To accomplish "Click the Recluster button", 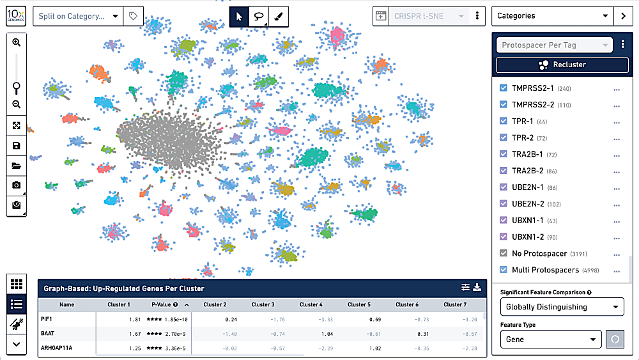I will pyautogui.click(x=561, y=65).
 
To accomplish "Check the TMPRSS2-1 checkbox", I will pyautogui.click(x=504, y=89).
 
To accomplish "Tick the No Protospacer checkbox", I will pyautogui.click(x=504, y=253).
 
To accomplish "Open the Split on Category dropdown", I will pyautogui.click(x=77, y=16).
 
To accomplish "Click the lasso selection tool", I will pyautogui.click(x=259, y=17).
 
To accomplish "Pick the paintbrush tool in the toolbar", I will pyautogui.click(x=279, y=17).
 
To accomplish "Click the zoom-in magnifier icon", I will pyautogui.click(x=17, y=42).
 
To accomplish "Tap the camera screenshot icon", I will pyautogui.click(x=17, y=185).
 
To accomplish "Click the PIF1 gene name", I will pyautogui.click(x=46, y=318).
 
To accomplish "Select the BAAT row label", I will pyautogui.click(x=48, y=333).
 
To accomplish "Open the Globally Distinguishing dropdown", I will pyautogui.click(x=561, y=307).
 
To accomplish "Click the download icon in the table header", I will pyautogui.click(x=477, y=288).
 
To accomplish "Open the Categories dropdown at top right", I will pyautogui.click(x=552, y=16).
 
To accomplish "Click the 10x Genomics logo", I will pyautogui.click(x=17, y=15).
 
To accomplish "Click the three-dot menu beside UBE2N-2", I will pyautogui.click(x=617, y=205).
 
